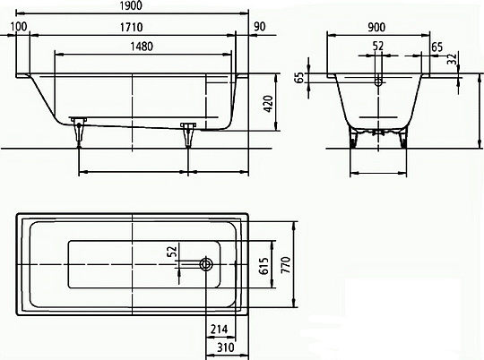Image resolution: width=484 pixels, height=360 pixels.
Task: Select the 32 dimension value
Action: point(453,60)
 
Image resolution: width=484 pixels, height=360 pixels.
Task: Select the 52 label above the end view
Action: point(378,47)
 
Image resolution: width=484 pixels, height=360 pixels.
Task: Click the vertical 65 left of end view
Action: point(298,78)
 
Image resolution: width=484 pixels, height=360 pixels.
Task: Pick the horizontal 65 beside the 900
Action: point(436,47)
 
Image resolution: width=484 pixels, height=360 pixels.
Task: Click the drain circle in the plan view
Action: point(207,265)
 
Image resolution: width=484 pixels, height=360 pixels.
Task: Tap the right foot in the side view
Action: point(188,132)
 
